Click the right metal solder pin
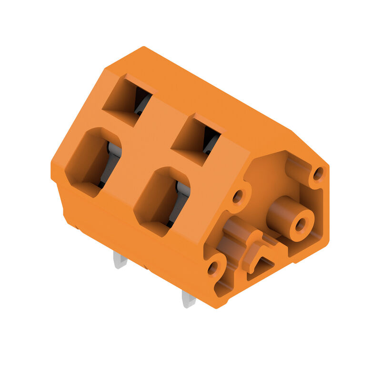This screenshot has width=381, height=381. pos(188,299)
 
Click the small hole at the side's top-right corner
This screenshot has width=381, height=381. pos(318,174)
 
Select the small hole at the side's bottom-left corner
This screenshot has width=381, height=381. pos(212,268)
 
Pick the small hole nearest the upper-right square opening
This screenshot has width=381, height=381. pos(237,196)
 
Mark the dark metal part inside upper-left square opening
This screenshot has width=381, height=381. pos(141,102)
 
